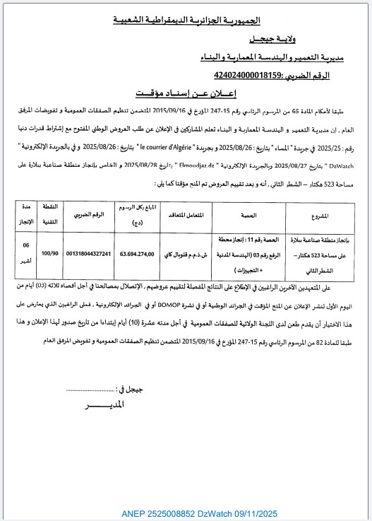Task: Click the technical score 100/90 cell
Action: [50, 252]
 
